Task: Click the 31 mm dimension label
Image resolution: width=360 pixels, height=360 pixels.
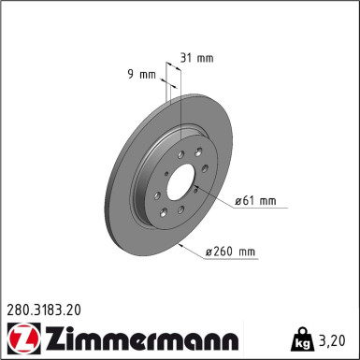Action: pyautogui.click(x=197, y=58)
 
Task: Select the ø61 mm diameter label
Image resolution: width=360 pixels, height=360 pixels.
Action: pyautogui.click(x=255, y=200)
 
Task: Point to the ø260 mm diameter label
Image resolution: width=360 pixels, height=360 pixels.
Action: pyautogui.click(x=230, y=252)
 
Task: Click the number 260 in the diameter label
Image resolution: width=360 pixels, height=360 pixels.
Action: pyautogui.click(x=226, y=252)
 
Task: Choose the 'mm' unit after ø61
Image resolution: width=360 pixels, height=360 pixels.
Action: pyautogui.click(x=268, y=200)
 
